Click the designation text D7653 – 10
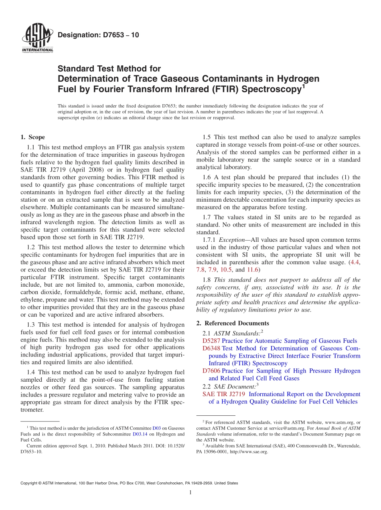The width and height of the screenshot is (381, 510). pyautogui.click(x=98, y=35)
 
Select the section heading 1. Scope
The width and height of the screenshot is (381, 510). pyautogui.click(x=32, y=137)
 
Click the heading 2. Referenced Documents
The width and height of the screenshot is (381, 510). pyautogui.click(x=233, y=323)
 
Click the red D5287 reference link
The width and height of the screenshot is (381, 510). pyautogui.click(x=211, y=341)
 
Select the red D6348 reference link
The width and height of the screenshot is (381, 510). pyautogui.click(x=211, y=348)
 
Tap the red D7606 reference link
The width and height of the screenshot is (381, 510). pyautogui.click(x=211, y=371)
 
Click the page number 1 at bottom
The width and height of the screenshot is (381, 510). pyautogui.click(x=190, y=493)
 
